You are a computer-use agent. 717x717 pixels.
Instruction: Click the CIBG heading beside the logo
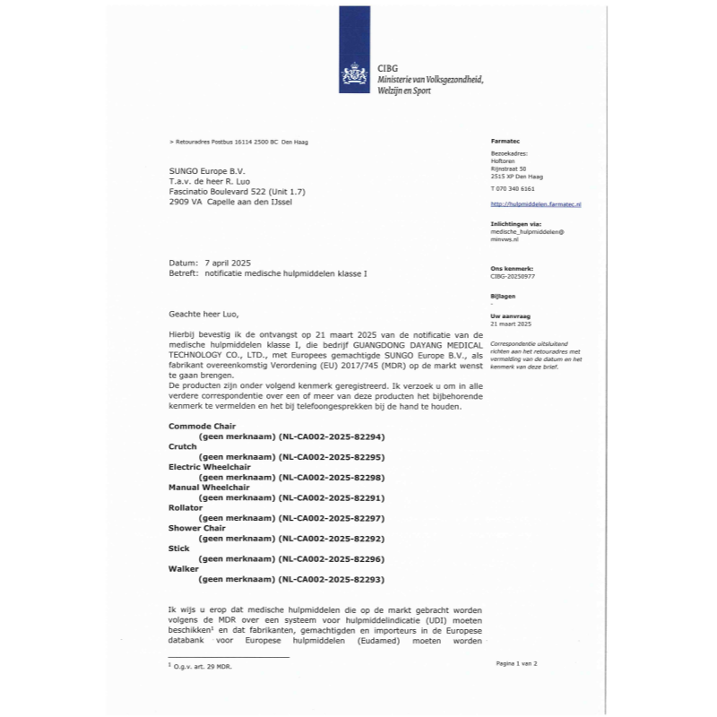(389, 68)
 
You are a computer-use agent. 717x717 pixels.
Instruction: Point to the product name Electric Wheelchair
(210, 466)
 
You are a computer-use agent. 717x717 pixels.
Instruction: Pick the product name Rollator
(186, 507)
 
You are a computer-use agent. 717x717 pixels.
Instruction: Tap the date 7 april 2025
(229, 262)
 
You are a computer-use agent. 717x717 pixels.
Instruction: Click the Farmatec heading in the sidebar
(505, 143)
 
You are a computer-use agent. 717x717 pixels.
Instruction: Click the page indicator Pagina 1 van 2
(516, 663)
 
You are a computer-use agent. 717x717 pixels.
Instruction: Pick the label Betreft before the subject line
(183, 272)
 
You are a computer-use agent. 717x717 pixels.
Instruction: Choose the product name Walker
(183, 569)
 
